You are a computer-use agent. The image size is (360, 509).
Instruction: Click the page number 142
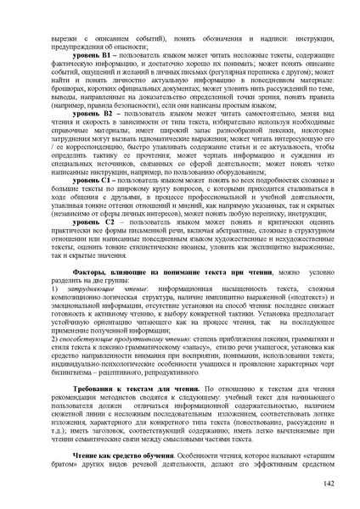[328, 484]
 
